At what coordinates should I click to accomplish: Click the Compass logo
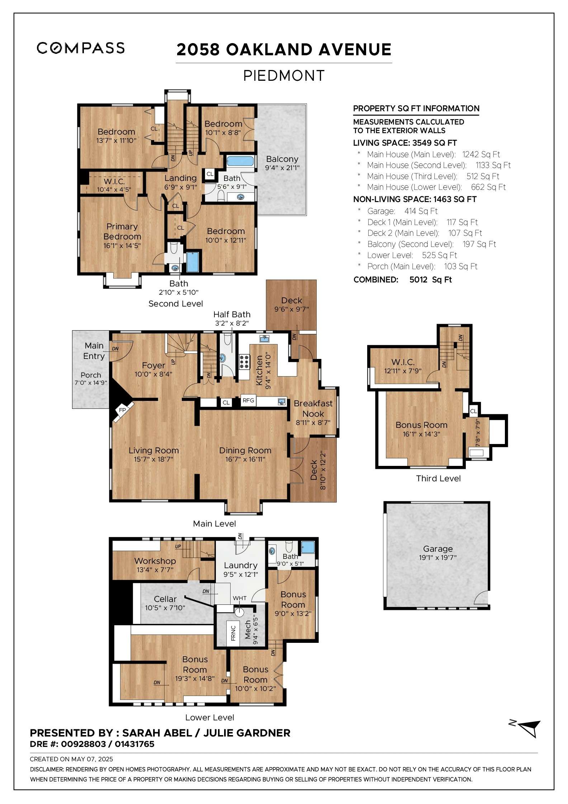pos(81,48)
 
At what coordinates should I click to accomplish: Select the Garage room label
pos(438,548)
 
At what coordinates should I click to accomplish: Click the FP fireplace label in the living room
pos(122,410)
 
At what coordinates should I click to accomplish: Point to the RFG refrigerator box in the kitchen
pos(248,401)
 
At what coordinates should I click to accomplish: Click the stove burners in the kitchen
pos(244,362)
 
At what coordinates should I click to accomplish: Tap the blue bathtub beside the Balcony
pos(240,161)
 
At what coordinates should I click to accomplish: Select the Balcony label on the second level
pos(282,159)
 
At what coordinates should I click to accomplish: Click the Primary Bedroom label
pos(122,232)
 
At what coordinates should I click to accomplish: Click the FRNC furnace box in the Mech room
pos(233,633)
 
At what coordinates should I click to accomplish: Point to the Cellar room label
pos(165,599)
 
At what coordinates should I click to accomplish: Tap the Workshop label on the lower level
pos(155,561)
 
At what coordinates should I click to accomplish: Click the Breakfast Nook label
pos(313,408)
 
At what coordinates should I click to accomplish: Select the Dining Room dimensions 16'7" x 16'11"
pos(245,459)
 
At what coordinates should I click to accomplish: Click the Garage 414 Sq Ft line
pos(402,211)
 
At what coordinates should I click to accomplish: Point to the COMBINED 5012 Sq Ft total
pos(403,280)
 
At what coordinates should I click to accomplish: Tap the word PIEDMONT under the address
pos(284,76)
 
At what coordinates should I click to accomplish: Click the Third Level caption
pos(438,478)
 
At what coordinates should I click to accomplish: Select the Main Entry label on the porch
pos(94,351)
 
